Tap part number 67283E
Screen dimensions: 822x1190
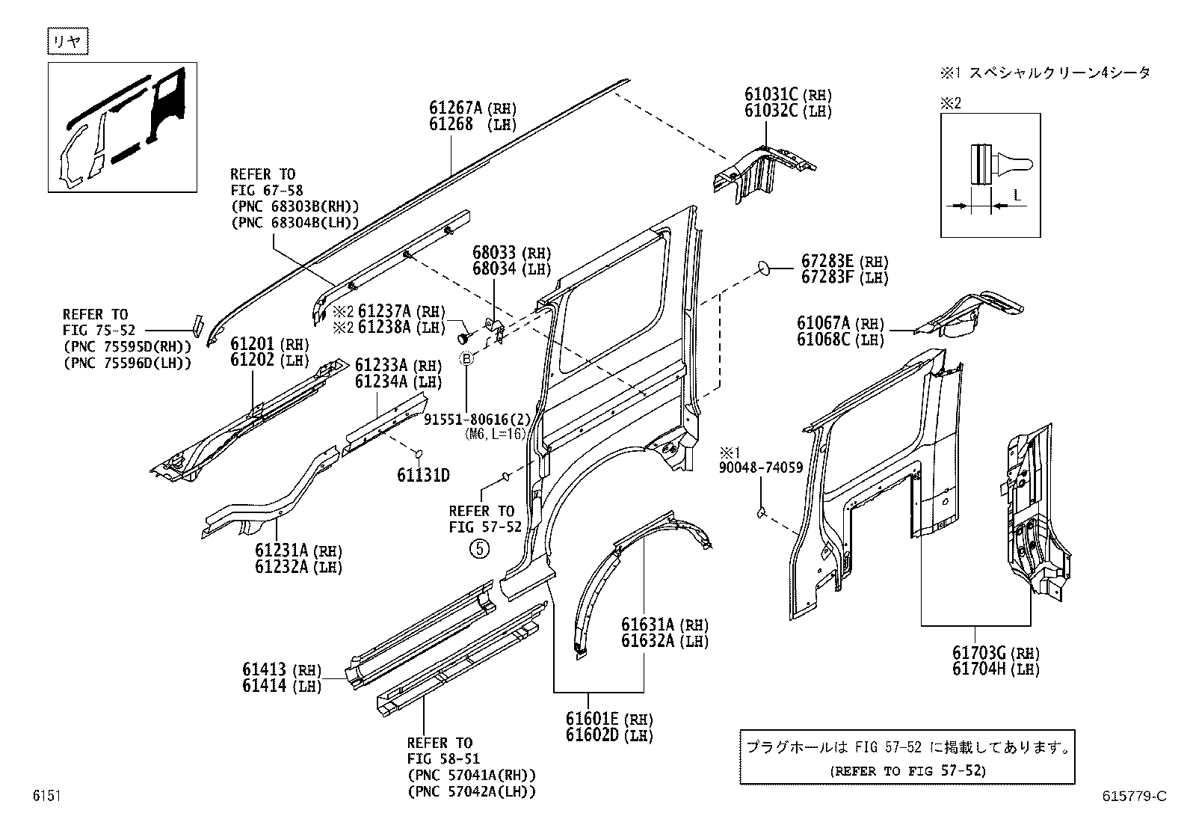click(827, 261)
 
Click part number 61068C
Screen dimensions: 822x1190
click(823, 340)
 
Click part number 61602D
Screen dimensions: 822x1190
click(594, 735)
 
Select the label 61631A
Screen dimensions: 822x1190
click(648, 625)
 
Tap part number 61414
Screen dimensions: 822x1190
click(264, 685)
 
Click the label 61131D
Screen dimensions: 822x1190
click(423, 476)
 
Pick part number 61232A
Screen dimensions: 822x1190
click(282, 567)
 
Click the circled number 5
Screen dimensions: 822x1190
click(478, 549)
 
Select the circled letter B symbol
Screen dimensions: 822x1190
click(466, 360)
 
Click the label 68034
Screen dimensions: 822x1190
click(494, 269)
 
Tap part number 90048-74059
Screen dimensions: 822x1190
click(760, 468)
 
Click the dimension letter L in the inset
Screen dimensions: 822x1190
click(1017, 195)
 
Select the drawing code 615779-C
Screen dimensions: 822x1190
click(1133, 797)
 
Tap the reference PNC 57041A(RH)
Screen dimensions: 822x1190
click(472, 776)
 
